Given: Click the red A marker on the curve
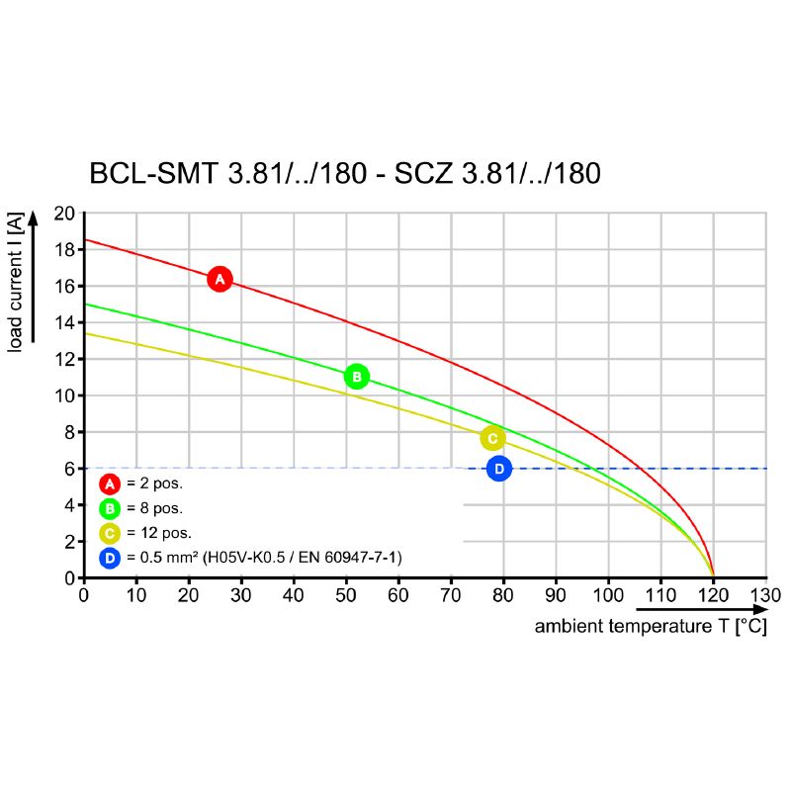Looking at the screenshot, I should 220,280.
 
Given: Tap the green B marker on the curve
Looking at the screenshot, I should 356,377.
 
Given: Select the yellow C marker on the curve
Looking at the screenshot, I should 492,438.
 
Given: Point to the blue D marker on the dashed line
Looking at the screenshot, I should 499,469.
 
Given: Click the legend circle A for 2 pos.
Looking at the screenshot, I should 110,484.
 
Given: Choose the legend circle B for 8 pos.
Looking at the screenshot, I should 110,509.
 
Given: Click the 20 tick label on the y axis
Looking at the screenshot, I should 65,214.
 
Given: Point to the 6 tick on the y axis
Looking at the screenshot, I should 69,469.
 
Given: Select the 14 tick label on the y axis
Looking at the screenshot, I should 65,322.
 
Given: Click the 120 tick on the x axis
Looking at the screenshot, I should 713,595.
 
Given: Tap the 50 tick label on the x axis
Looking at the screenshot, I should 346,595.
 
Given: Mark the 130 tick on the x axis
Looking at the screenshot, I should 765,595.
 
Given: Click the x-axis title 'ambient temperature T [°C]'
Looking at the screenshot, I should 650,627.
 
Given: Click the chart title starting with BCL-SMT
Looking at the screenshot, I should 345,174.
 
